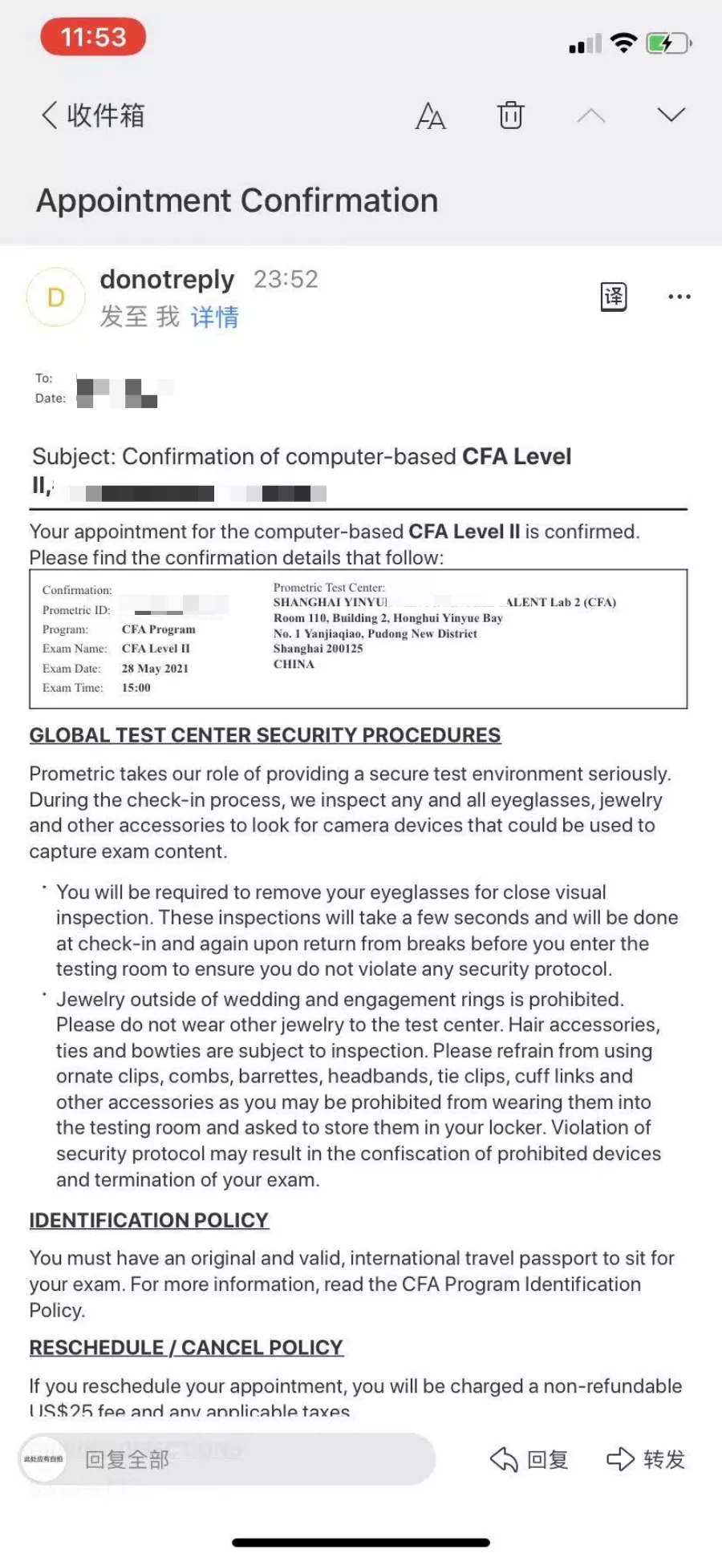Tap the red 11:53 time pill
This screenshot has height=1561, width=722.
point(93,38)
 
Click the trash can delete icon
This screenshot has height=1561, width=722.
point(510,115)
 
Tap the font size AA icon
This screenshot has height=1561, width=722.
point(430,116)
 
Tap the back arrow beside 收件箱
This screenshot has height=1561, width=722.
point(50,115)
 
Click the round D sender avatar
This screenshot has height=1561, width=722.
point(55,297)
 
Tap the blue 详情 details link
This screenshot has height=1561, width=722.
point(214,317)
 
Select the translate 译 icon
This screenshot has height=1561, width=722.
point(614,297)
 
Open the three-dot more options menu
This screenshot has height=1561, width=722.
point(679,297)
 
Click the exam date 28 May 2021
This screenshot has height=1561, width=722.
point(155,669)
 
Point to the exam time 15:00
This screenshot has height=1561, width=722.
point(136,688)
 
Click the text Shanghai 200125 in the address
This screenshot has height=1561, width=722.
point(318,649)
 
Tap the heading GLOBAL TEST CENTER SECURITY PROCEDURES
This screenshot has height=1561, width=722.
point(265,735)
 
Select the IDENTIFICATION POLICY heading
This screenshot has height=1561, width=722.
point(148,1220)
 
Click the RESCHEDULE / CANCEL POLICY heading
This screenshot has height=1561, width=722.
point(186,1348)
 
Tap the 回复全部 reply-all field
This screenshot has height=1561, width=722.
point(241,1459)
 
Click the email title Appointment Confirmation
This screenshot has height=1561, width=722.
point(237,200)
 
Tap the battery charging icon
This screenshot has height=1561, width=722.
point(668,43)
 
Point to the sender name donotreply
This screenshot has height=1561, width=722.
point(167,279)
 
